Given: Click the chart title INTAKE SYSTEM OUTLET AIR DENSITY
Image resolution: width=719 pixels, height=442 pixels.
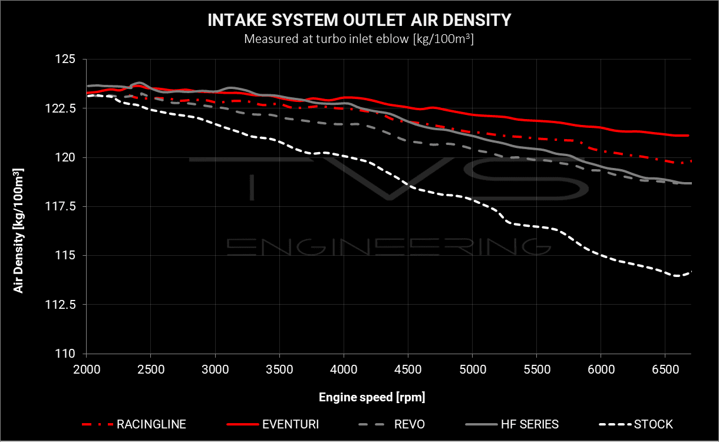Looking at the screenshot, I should (359, 21).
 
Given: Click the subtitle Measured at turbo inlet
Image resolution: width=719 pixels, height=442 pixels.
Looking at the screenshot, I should (359, 40).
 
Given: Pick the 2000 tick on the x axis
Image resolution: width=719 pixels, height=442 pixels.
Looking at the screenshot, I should (87, 368).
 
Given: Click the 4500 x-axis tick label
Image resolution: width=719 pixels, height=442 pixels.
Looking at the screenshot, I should (408, 368).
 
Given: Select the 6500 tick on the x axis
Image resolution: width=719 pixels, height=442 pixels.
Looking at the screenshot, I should (665, 368).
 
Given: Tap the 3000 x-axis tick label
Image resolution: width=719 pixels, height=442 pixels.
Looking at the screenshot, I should (215, 368).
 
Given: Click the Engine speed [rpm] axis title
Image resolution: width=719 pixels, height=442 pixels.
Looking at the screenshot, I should (372, 397).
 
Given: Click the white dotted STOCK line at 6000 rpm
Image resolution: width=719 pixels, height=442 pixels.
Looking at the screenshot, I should (601, 255).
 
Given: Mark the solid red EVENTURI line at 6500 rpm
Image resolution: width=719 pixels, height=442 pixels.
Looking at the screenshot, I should (665, 134).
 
